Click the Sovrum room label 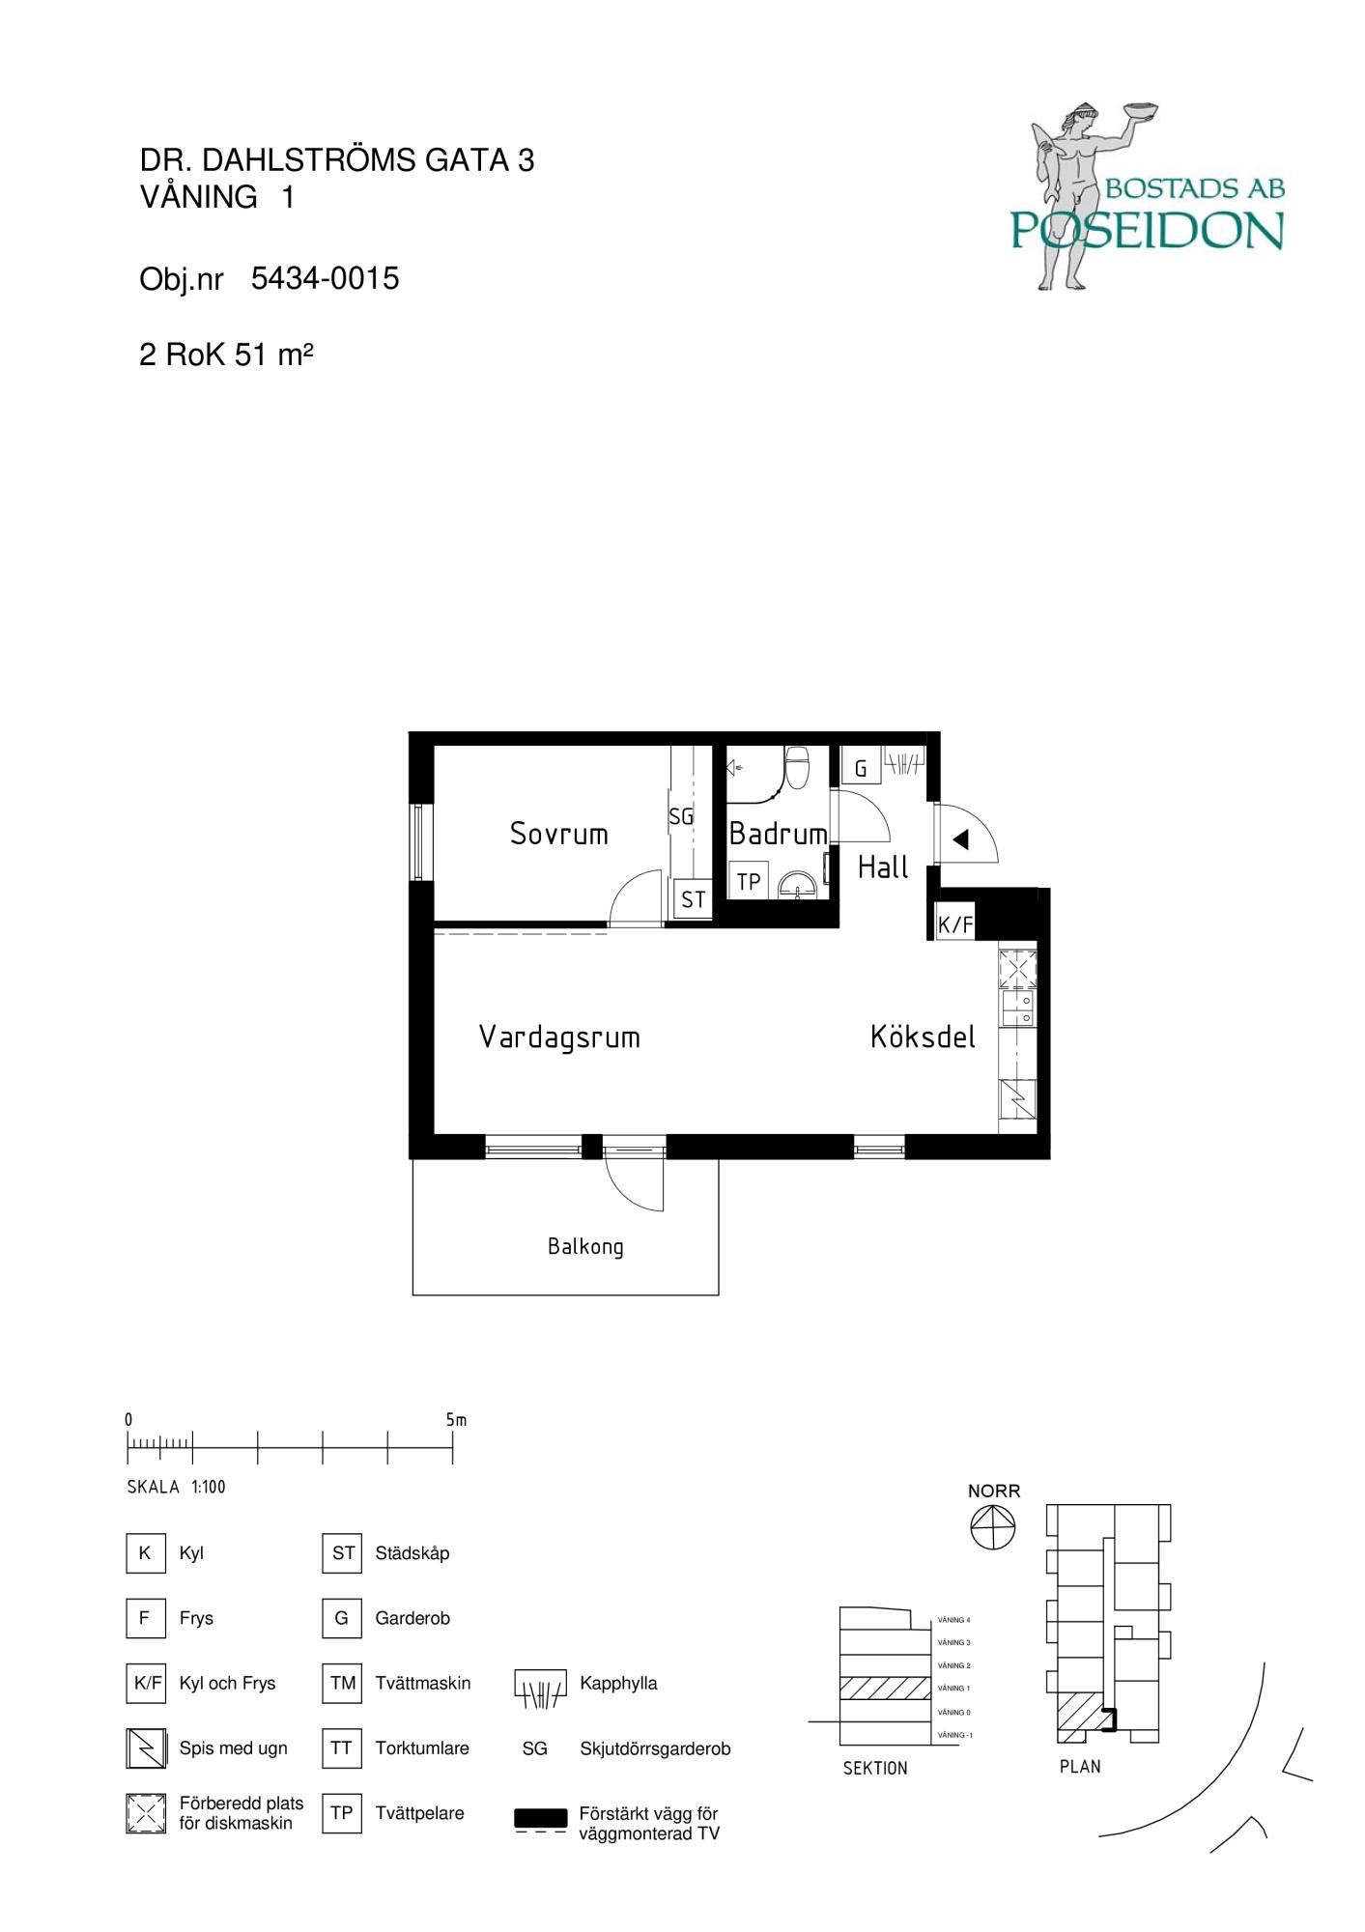559,834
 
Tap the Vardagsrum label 559,1037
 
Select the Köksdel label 923,1037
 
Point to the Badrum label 778,834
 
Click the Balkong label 585,1247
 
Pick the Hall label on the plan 883,867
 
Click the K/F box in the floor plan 955,924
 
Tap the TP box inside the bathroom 749,881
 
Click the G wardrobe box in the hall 860,769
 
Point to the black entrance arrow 960,839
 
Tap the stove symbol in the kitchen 1018,1099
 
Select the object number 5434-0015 325,278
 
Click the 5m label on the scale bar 456,1420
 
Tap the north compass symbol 993,1527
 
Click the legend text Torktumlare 422,1748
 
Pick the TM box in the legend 342,1684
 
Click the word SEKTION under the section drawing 875,1769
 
